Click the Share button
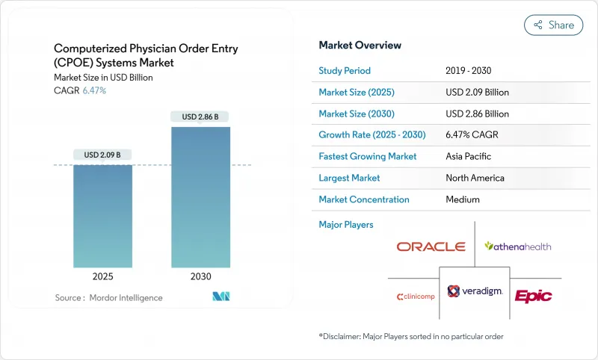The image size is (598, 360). pos(554,25)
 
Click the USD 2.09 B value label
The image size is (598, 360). pos(103,155)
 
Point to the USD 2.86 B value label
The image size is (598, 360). pos(200,117)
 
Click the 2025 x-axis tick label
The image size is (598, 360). pos(103,276)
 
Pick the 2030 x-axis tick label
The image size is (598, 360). pos(200,276)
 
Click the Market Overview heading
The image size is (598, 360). pos(360,45)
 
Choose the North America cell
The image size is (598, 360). pos(475,178)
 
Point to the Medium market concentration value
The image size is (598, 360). pos(463,199)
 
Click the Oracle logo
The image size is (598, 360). pos(431,246)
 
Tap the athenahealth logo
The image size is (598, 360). pos(518,246)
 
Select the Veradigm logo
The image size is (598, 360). pos(475,291)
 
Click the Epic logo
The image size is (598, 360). pos(534,296)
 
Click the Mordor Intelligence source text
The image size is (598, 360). pos(108,298)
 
